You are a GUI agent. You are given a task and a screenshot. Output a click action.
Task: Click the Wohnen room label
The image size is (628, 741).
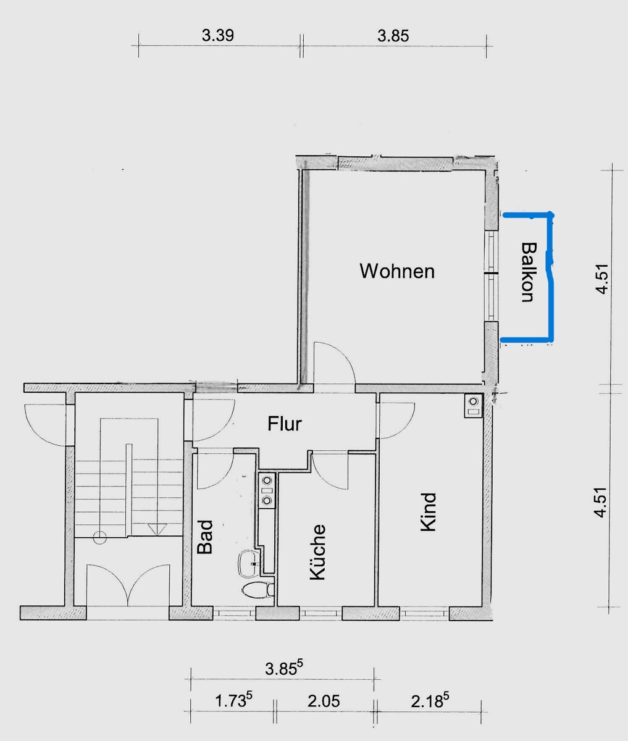pos(397,271)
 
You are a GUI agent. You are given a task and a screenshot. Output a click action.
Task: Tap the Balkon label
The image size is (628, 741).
pos(529,272)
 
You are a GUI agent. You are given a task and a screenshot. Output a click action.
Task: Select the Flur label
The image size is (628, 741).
pos(285,424)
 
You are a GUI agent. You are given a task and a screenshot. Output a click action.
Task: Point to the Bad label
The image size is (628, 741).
pos(205,537)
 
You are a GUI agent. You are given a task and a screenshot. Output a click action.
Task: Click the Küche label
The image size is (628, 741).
pos(317,552)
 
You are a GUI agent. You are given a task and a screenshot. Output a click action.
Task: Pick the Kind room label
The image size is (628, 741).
pos(429,512)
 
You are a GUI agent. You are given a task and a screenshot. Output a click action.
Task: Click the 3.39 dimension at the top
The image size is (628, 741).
pos(218,35)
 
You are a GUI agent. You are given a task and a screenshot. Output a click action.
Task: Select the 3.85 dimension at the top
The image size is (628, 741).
pos(393,36)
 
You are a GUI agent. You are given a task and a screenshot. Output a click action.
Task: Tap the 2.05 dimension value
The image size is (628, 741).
pos(324,701)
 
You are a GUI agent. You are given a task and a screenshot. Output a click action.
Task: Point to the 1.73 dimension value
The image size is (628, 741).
pos(233,700)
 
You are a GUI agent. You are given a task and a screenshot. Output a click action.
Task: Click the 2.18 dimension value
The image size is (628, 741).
pos(430,700)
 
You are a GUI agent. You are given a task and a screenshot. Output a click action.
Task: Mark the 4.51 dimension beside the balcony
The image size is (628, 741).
pos(602,278)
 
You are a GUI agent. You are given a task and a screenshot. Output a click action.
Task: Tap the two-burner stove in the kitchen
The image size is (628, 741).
pos(267,490)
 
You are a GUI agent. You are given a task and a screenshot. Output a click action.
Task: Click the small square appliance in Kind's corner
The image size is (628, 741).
pos(474,406)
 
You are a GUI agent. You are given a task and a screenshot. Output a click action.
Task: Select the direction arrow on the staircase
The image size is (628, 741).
pos(157,529)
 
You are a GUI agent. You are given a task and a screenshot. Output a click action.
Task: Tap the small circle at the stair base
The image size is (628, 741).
pos(99,537)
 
